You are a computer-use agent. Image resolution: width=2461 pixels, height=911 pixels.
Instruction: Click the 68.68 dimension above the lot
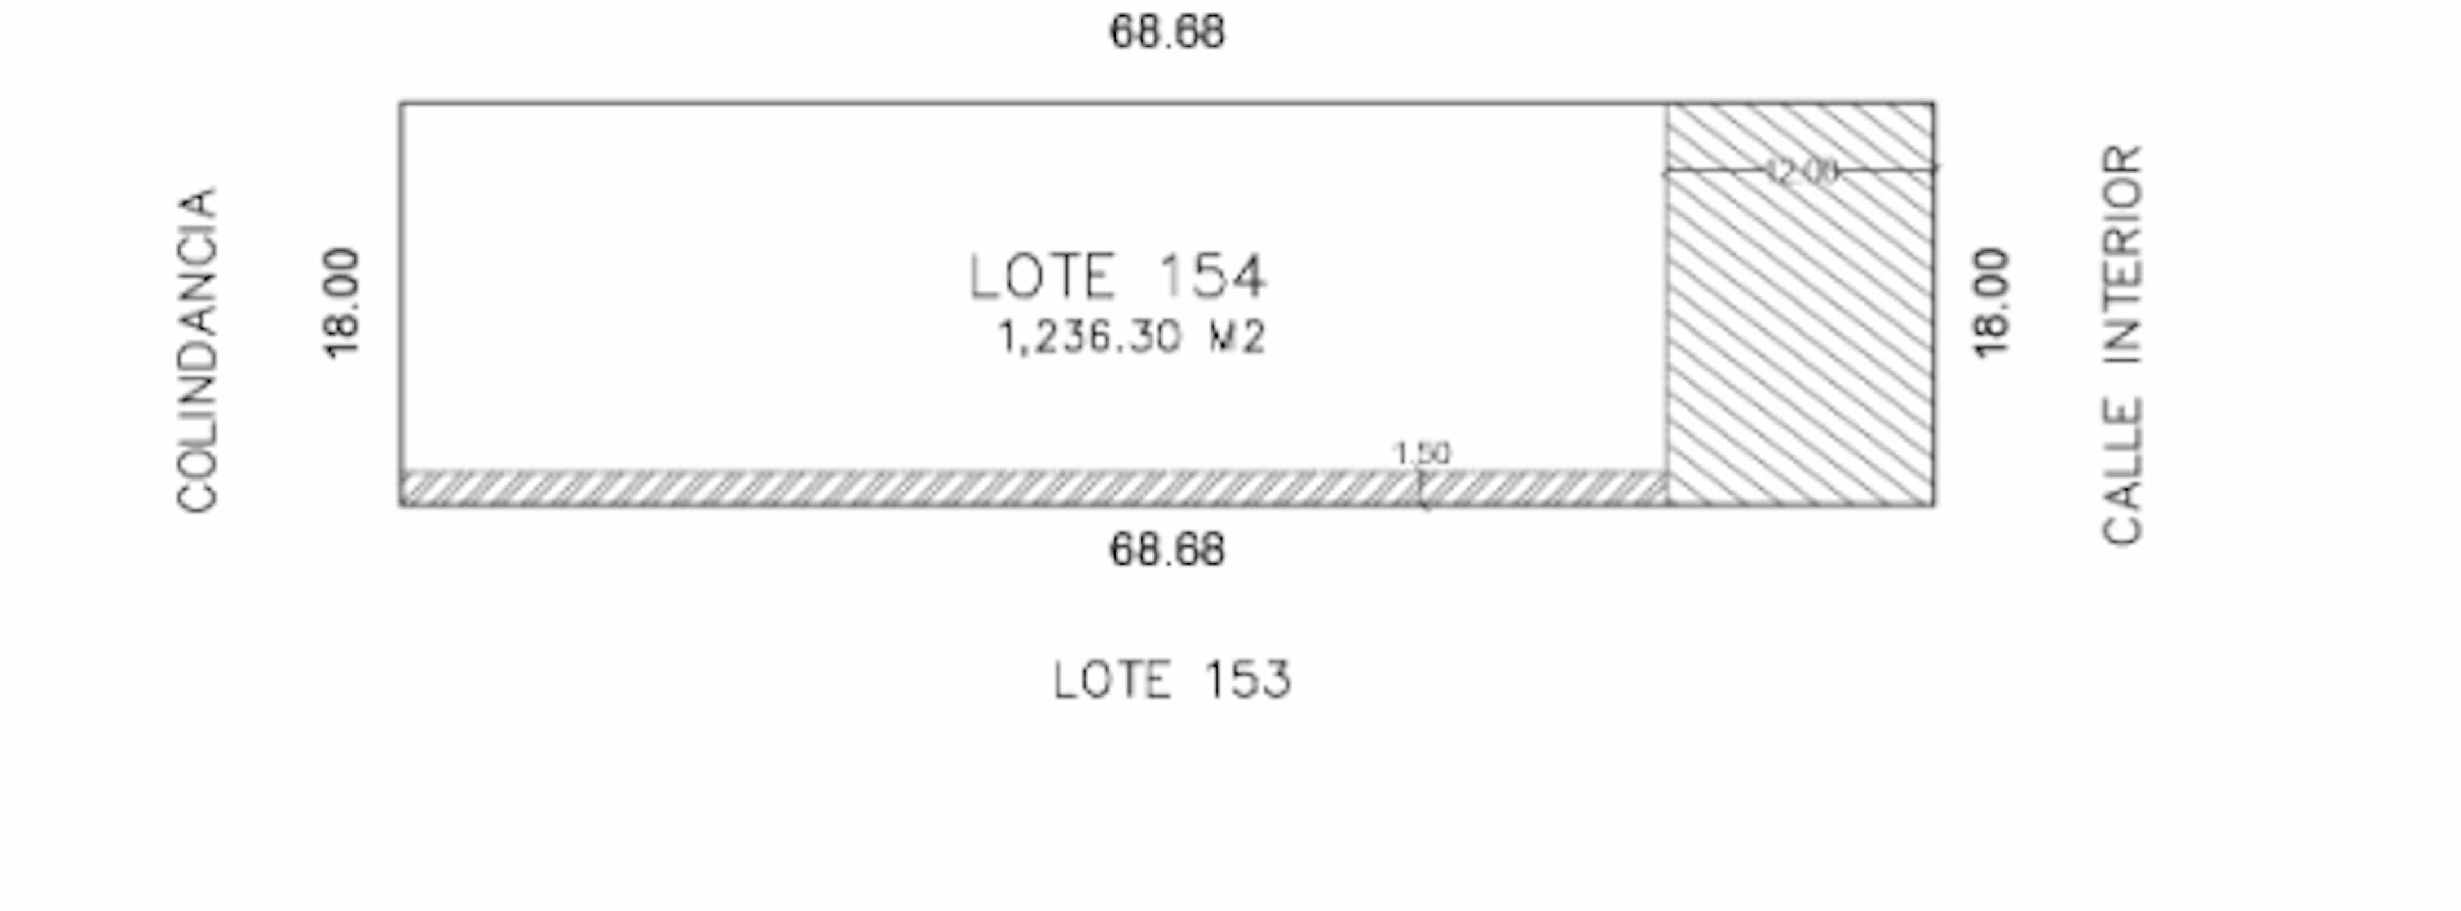coord(1166,33)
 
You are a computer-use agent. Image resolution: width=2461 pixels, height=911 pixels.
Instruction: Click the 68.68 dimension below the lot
coord(1166,550)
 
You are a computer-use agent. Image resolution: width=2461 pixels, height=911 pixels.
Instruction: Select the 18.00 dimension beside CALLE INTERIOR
coord(1992,303)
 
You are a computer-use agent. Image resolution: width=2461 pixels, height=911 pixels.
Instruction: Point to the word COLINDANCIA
coord(198,350)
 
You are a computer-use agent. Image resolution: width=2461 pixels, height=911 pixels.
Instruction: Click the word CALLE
coord(2123,472)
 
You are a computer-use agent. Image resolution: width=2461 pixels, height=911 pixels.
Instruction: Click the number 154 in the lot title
coord(1211,277)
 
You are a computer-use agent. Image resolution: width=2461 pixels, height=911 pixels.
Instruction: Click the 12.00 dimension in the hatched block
coord(1801,172)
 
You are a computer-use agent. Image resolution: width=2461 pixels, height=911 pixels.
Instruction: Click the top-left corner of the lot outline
coord(401,102)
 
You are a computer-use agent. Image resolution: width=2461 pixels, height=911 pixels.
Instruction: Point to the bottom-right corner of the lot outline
coord(1935,505)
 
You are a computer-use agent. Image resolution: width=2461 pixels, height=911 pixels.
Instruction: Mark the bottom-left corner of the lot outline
coord(401,505)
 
